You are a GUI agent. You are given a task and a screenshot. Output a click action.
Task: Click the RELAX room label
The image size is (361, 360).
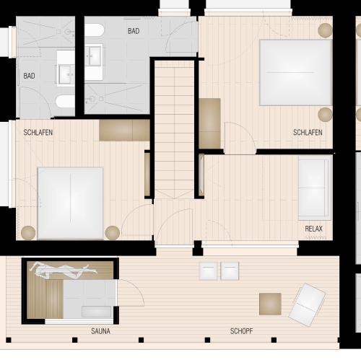(x=313, y=229)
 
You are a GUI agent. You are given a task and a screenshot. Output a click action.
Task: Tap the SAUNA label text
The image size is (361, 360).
(x=100, y=331)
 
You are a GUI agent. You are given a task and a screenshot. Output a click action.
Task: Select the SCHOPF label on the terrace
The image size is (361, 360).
(x=241, y=331)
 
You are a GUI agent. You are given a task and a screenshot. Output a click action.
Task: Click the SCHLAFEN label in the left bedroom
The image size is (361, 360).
(x=38, y=133)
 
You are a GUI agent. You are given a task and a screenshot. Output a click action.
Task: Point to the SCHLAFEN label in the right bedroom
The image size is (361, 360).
(x=308, y=133)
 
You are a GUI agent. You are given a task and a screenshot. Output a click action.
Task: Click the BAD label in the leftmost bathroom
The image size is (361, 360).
(x=29, y=76)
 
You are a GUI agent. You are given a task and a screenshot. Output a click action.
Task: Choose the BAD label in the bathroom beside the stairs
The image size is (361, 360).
(x=134, y=31)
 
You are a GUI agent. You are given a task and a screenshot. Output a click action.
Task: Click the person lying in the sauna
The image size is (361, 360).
(x=64, y=270)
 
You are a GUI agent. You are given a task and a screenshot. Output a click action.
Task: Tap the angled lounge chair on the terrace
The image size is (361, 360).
(x=307, y=304)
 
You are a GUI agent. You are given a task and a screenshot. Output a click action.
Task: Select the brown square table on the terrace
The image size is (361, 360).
(x=270, y=304)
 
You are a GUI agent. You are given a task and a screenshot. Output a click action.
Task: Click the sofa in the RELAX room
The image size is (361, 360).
(x=315, y=188)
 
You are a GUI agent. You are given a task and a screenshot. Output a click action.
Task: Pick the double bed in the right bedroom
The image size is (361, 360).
(x=295, y=72)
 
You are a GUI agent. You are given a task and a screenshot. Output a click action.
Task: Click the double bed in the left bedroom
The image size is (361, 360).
(x=71, y=203)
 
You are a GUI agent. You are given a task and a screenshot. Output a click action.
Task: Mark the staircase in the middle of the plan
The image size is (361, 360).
(x=174, y=130)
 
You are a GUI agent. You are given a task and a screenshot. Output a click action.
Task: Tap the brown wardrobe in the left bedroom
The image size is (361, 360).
(x=124, y=131)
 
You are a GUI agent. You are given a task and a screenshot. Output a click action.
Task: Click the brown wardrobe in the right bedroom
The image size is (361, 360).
(x=209, y=123)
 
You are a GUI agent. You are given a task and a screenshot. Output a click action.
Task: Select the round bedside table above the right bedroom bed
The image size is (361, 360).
(x=325, y=30)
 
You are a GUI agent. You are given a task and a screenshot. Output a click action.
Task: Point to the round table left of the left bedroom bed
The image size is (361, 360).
(x=28, y=233)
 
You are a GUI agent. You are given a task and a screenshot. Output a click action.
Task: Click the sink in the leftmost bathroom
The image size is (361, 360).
(x=66, y=74)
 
